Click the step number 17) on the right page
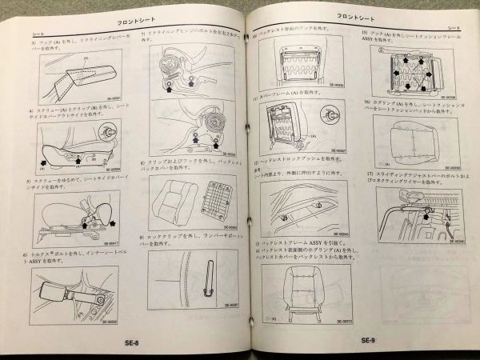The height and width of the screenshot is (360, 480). (366, 174)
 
